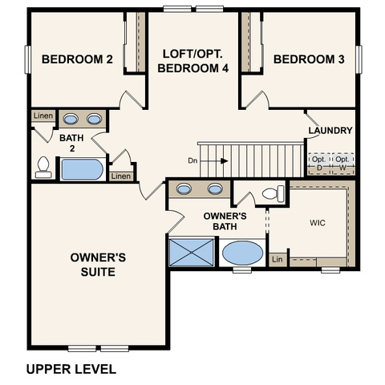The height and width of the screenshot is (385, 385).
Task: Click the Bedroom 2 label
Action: click(77, 59)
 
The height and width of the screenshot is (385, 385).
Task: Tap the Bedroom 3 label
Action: click(309, 59)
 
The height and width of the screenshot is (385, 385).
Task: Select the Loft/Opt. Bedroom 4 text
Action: click(193, 61)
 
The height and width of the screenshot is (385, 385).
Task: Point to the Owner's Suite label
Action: click(98, 265)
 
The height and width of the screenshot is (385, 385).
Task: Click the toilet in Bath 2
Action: click(43, 168)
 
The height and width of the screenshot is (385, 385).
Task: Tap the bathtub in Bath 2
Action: click(82, 169)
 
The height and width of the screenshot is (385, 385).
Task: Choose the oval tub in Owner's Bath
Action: click(243, 253)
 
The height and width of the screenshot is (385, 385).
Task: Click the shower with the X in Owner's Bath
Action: click(192, 253)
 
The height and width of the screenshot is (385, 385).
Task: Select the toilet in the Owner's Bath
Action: click(273, 193)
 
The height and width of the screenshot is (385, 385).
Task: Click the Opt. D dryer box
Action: click(319, 164)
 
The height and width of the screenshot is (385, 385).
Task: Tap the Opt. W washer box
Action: click(342, 164)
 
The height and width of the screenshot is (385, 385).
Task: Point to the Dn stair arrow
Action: click(214, 161)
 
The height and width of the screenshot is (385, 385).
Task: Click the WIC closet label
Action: click(318, 223)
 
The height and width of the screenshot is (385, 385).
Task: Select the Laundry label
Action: click(330, 131)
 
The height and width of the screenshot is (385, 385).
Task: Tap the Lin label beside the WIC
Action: click(278, 259)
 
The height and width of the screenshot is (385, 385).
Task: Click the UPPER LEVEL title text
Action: click(71, 369)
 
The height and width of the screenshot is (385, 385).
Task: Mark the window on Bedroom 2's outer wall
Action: click(27, 59)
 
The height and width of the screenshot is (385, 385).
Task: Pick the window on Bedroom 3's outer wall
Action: click(359, 59)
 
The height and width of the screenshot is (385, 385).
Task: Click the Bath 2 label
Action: click(71, 143)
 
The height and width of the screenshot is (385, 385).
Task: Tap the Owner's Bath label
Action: click(225, 221)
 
